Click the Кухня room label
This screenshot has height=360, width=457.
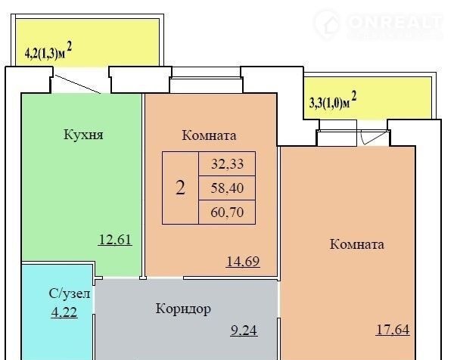click(83, 135)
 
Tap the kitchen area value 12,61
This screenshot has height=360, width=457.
click(116, 240)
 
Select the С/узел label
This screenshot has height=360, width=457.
click(70, 294)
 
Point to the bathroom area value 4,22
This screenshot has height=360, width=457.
click(64, 312)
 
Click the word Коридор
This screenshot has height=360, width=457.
click(183, 309)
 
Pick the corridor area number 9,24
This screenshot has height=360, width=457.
click(244, 331)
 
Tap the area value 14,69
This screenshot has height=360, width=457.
click(243, 261)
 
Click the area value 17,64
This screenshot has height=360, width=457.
click(393, 330)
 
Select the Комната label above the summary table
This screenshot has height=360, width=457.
click(209, 135)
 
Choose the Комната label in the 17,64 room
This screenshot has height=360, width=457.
click(356, 244)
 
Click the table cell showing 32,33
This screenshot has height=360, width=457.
click(227, 163)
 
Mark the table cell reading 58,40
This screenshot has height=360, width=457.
click(227, 188)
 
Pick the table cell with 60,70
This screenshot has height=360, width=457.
click(227, 212)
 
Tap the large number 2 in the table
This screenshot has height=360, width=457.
click(180, 188)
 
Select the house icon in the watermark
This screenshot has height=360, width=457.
click(327, 24)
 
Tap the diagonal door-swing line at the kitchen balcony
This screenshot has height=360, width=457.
click(78, 85)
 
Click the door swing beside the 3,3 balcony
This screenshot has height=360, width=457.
click(375, 137)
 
